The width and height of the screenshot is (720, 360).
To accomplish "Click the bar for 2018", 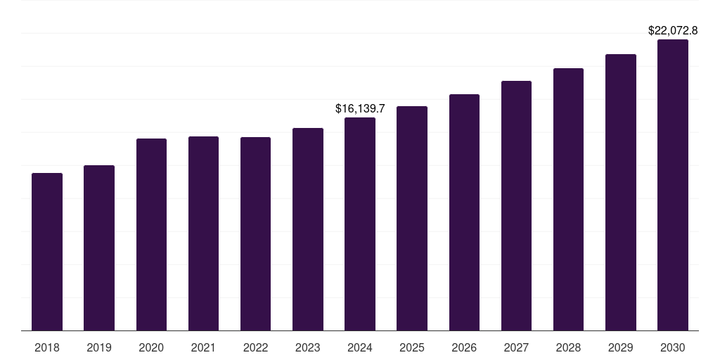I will click(47, 252).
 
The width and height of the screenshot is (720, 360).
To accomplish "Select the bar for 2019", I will click(99, 247).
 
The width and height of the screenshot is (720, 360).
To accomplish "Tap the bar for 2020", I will click(151, 234).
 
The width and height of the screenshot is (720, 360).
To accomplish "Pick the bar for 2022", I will click(255, 233).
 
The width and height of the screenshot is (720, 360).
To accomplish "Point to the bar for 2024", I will click(360, 224).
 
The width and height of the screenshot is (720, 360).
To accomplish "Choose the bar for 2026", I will click(464, 212).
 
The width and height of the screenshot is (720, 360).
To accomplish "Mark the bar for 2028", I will click(568, 199).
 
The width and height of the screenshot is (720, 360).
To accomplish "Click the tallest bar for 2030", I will click(673, 185).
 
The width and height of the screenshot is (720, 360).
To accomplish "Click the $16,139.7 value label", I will click(360, 109).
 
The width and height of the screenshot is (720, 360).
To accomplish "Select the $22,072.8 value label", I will click(673, 31).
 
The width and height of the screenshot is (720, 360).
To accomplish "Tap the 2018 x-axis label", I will click(47, 348).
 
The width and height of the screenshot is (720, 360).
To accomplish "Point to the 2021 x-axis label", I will click(203, 348).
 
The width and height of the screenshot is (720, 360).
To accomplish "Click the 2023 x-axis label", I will click(308, 348).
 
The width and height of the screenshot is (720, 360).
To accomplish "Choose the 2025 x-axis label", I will click(412, 348).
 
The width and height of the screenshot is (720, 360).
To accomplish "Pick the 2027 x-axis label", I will click(516, 348).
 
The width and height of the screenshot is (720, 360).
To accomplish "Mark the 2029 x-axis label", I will click(621, 348).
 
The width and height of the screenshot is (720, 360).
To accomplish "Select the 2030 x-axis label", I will click(673, 348).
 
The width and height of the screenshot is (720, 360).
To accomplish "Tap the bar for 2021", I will click(203, 233).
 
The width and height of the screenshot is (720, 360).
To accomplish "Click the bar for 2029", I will click(621, 192).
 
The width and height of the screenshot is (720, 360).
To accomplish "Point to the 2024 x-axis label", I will click(360, 348).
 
